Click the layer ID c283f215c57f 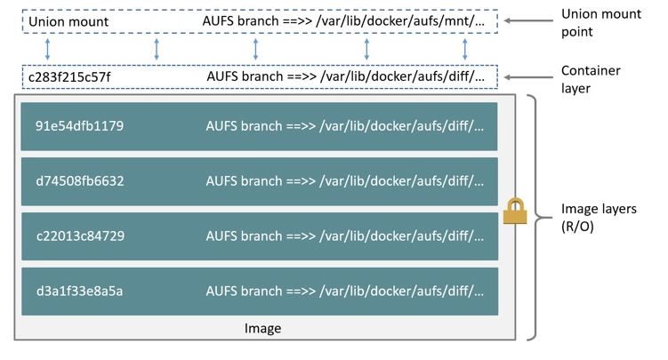tap(69, 77)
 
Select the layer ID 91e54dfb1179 tap(79, 126)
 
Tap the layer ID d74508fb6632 tap(79, 181)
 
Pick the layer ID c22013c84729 tap(79, 236)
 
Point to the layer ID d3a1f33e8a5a tap(79, 292)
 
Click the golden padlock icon tap(515, 212)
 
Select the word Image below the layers tap(262, 329)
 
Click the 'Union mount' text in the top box tap(68, 21)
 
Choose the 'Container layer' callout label tap(591, 79)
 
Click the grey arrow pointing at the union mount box tap(526, 20)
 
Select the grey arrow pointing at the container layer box tap(526, 77)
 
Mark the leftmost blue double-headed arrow tap(48, 49)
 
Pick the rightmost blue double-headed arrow tap(465, 49)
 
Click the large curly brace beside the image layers tap(531, 217)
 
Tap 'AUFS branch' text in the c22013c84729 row tap(240, 236)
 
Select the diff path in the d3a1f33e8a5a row tap(401, 292)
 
